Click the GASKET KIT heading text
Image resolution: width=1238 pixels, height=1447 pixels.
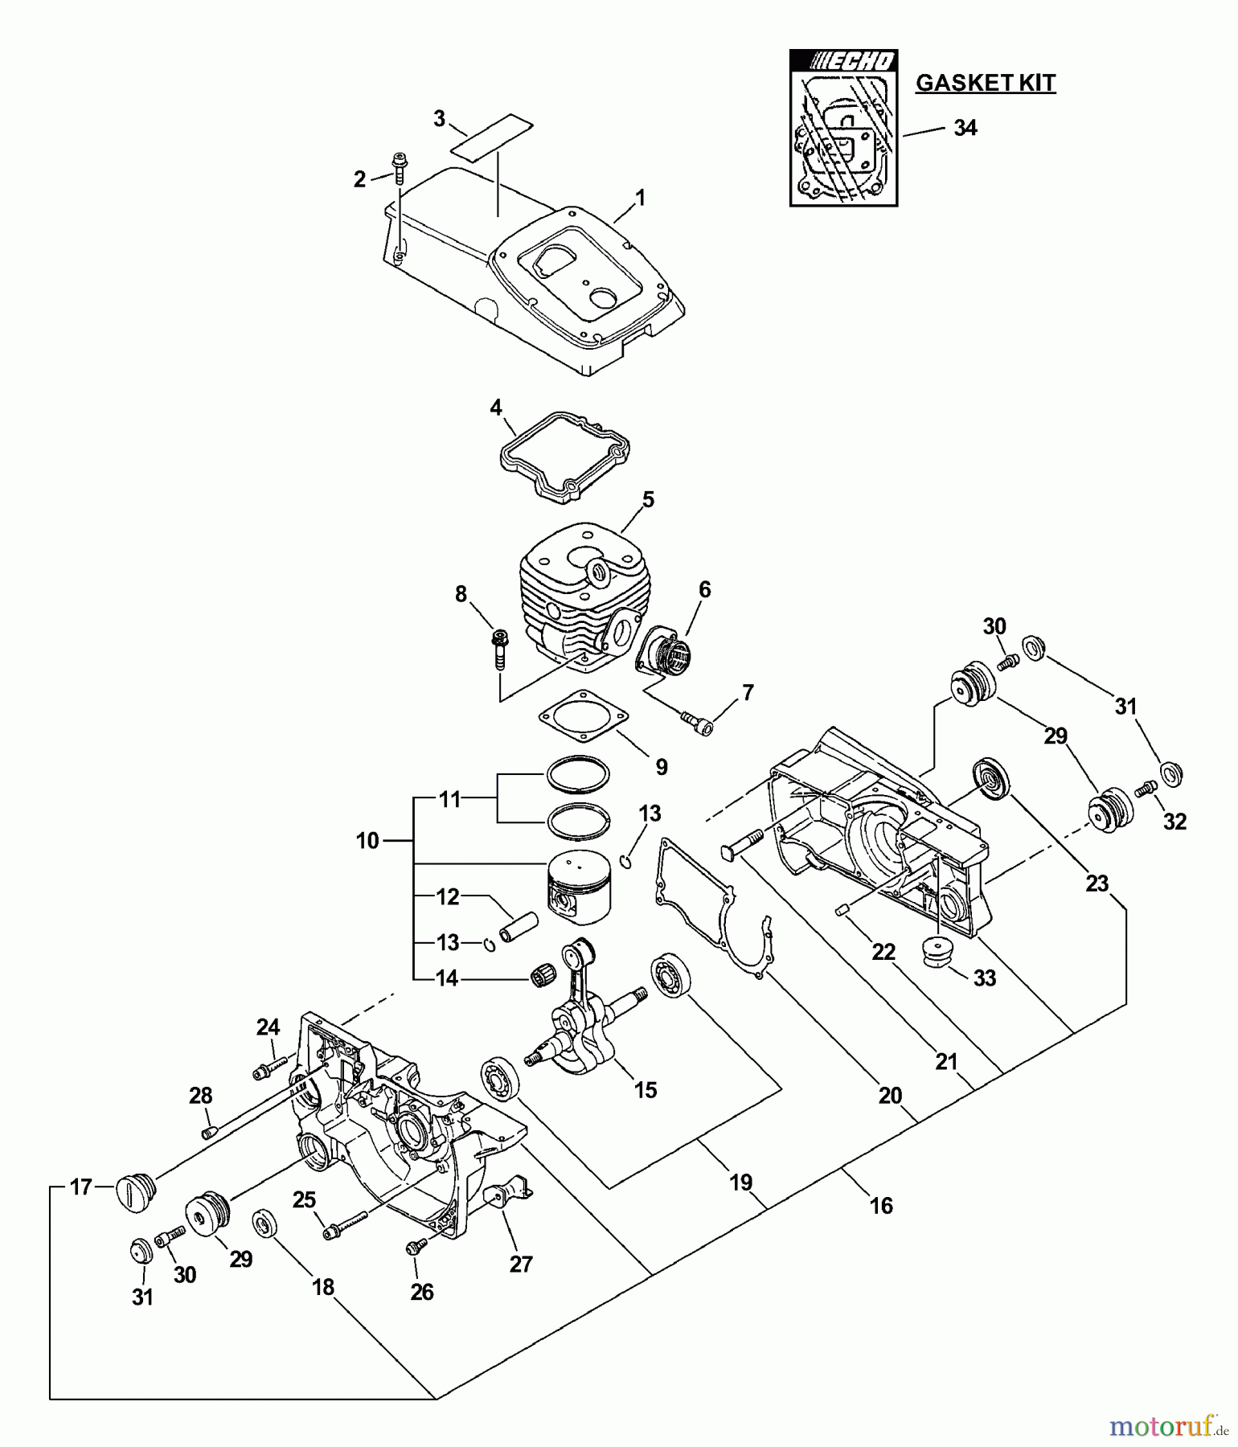pyautogui.click(x=985, y=83)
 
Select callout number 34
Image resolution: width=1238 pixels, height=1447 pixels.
pyautogui.click(x=965, y=128)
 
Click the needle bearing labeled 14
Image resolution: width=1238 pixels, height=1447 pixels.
pyautogui.click(x=543, y=976)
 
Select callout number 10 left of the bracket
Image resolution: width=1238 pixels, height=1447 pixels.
pyautogui.click(x=367, y=842)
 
